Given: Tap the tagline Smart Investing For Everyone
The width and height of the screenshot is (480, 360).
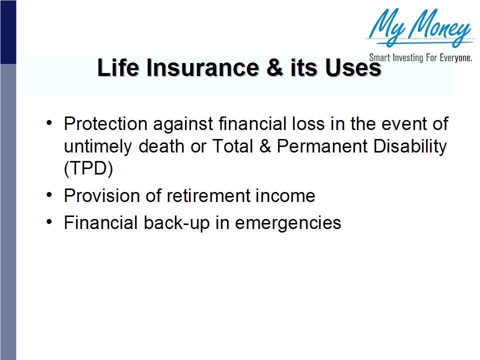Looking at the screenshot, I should pos(420,58).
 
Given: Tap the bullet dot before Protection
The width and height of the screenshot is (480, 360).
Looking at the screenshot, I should pos(48,122).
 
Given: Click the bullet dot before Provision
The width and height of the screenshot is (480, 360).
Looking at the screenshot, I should pos(48,195).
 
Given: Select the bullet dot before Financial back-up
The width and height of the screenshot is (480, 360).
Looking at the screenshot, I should pos(48,222).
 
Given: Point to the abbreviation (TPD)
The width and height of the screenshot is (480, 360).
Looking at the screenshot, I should pos(88,168).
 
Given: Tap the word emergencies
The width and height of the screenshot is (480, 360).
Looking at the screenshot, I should pos(288,223).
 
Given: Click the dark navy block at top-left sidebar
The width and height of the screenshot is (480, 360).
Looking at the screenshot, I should pos(8,32).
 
